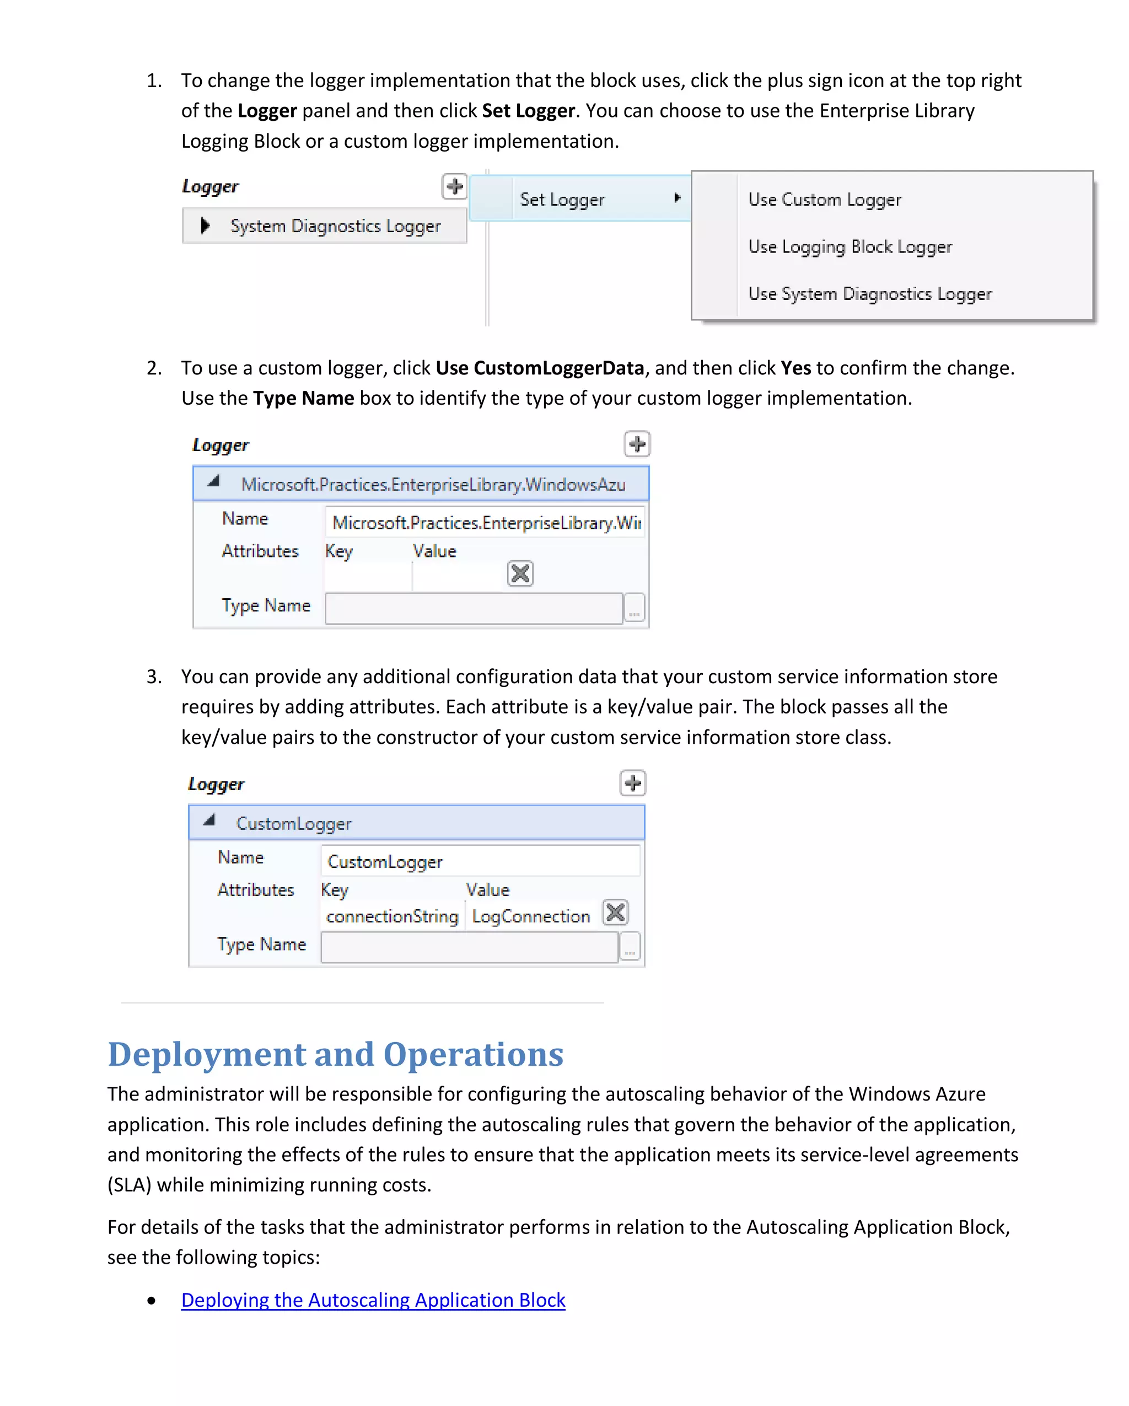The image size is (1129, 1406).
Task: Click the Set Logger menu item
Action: (x=562, y=199)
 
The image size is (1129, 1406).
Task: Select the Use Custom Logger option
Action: (x=824, y=199)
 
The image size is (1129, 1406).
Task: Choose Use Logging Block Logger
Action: (x=850, y=246)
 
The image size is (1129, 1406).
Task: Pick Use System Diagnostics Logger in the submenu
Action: (x=869, y=293)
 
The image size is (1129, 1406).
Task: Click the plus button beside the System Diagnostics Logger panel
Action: (x=454, y=186)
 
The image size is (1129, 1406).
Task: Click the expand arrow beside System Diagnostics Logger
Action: (x=205, y=226)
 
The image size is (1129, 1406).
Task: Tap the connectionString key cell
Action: (x=393, y=916)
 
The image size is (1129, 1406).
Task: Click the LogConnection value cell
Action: (x=531, y=916)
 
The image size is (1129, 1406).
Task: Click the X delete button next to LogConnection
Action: (x=615, y=913)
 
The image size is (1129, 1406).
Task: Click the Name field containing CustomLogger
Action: (x=480, y=861)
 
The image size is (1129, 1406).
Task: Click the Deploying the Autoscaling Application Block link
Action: (x=373, y=1300)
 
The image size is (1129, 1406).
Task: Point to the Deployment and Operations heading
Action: (x=335, y=1054)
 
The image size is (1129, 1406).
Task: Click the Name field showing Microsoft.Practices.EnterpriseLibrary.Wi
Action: (x=485, y=522)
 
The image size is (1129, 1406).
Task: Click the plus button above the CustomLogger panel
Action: (x=632, y=782)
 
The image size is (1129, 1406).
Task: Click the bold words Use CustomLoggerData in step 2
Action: (x=540, y=368)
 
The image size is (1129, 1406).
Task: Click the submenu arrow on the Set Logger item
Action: (x=678, y=197)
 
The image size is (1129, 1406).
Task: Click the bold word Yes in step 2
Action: (x=795, y=368)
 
